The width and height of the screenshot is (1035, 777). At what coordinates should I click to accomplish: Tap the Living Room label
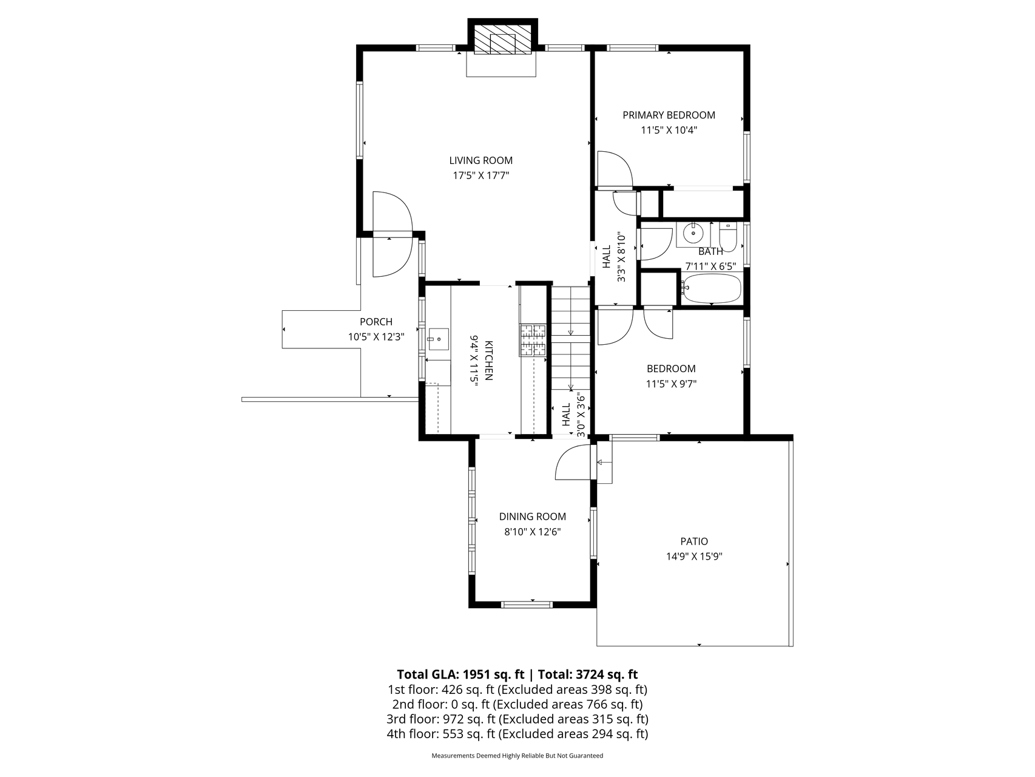[x=480, y=161]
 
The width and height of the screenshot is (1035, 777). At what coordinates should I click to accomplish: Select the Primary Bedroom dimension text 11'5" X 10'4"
[x=669, y=130]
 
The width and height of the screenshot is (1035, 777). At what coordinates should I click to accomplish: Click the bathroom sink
[x=692, y=232]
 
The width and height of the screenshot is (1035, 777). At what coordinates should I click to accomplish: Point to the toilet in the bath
[x=728, y=237]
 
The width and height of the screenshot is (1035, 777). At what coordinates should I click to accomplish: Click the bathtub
[x=711, y=288]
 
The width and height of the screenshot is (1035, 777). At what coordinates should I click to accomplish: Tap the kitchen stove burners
[x=533, y=340]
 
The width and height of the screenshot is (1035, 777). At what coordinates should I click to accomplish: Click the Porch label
[x=376, y=322]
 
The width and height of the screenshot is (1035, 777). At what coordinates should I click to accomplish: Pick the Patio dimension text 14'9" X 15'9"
[x=693, y=557]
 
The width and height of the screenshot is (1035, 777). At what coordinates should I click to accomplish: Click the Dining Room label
[x=533, y=517]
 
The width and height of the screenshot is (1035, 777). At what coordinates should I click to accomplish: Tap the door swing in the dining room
[x=572, y=463]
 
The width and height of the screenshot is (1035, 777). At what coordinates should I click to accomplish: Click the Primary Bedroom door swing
[x=615, y=168]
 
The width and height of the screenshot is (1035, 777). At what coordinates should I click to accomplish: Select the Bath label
[x=710, y=251]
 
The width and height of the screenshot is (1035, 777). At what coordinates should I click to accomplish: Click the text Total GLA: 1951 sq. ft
[x=461, y=674]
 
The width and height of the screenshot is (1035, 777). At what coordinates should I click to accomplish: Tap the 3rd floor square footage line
[x=517, y=719]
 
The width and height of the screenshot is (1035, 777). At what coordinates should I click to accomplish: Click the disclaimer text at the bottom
[x=517, y=756]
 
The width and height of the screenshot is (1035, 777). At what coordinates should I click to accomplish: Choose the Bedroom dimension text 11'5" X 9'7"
[x=671, y=384]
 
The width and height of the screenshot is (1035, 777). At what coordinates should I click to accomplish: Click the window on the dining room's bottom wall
[x=527, y=604]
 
